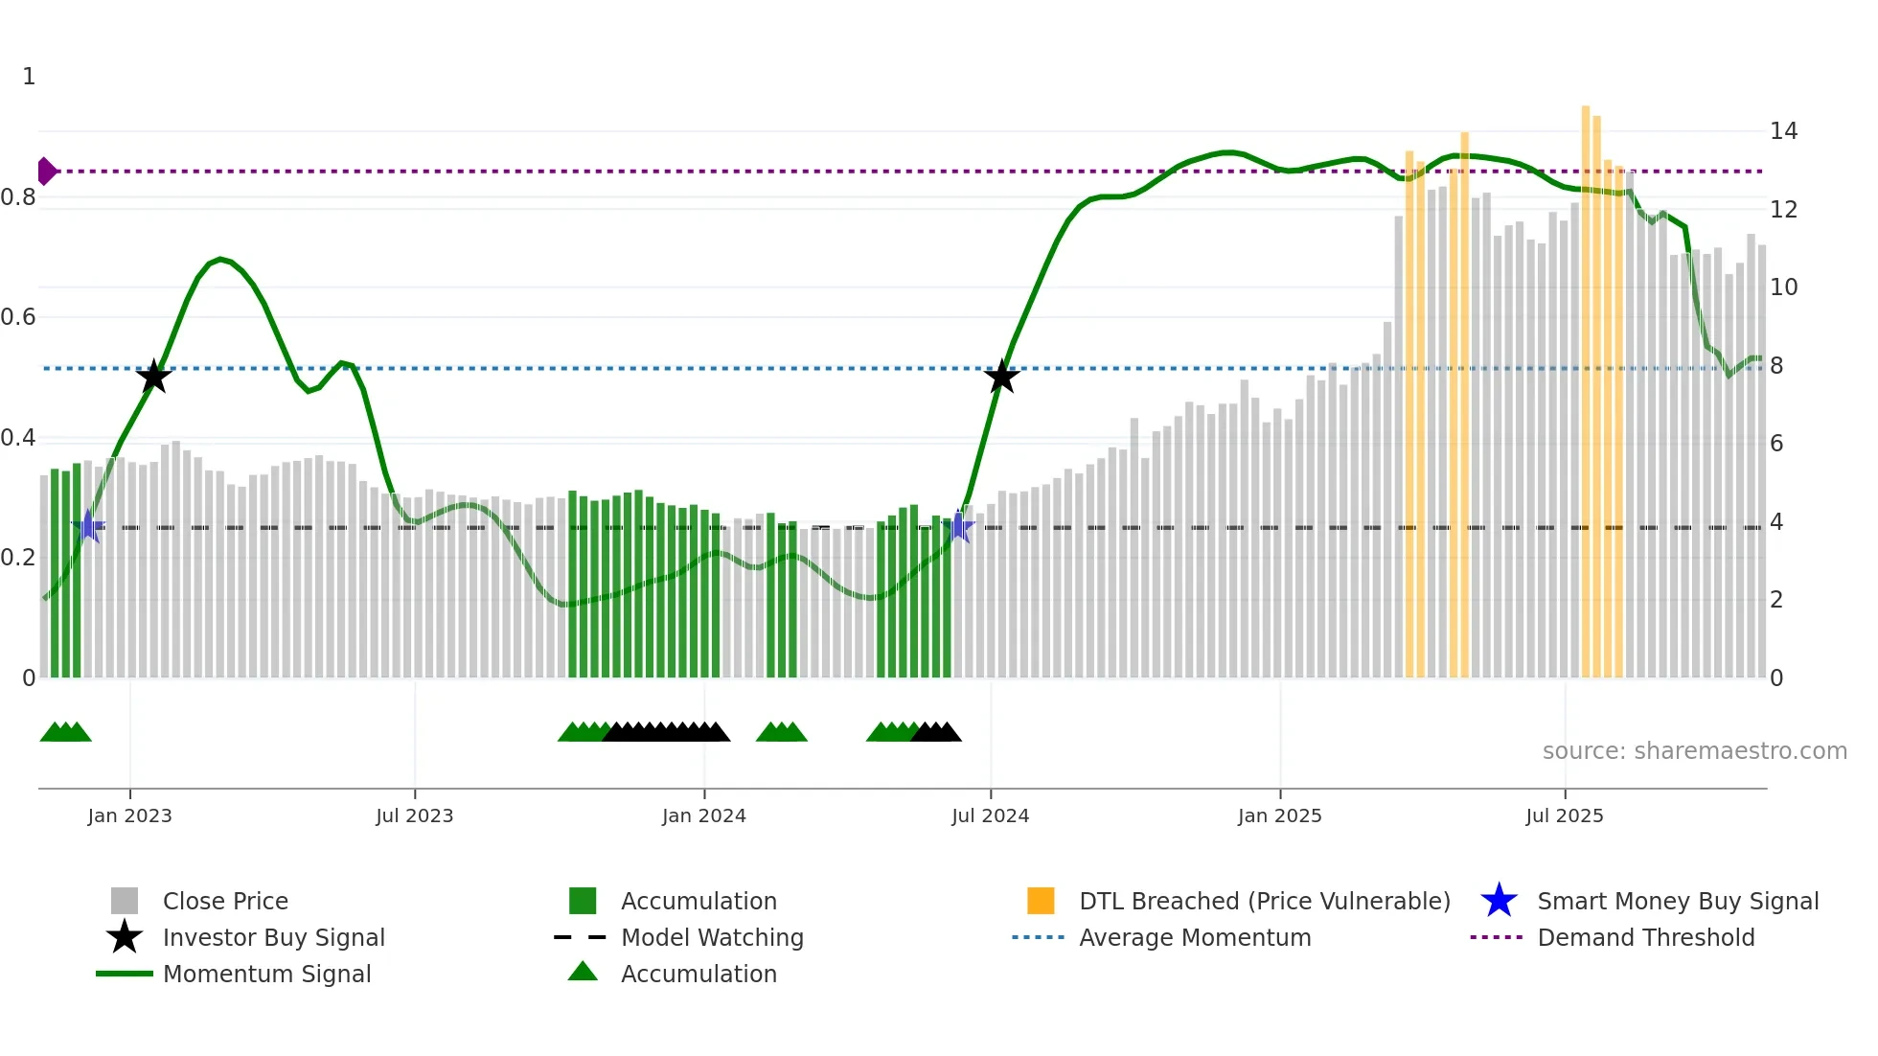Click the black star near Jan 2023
(153, 377)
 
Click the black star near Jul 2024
(1001, 377)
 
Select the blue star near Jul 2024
(958, 526)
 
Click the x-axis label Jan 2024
(703, 815)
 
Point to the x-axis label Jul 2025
(1564, 815)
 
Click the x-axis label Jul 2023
(414, 815)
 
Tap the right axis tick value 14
(1783, 131)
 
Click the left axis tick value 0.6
(17, 317)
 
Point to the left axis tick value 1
(29, 77)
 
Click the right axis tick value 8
(1776, 366)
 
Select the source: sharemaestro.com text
(1694, 751)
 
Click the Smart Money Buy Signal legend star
(1499, 901)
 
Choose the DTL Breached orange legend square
(1041, 901)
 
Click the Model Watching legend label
(712, 937)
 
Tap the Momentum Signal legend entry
(266, 974)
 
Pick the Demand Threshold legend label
(1645, 937)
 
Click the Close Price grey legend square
(125, 901)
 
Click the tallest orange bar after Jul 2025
(1586, 383)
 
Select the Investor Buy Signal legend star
(125, 937)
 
